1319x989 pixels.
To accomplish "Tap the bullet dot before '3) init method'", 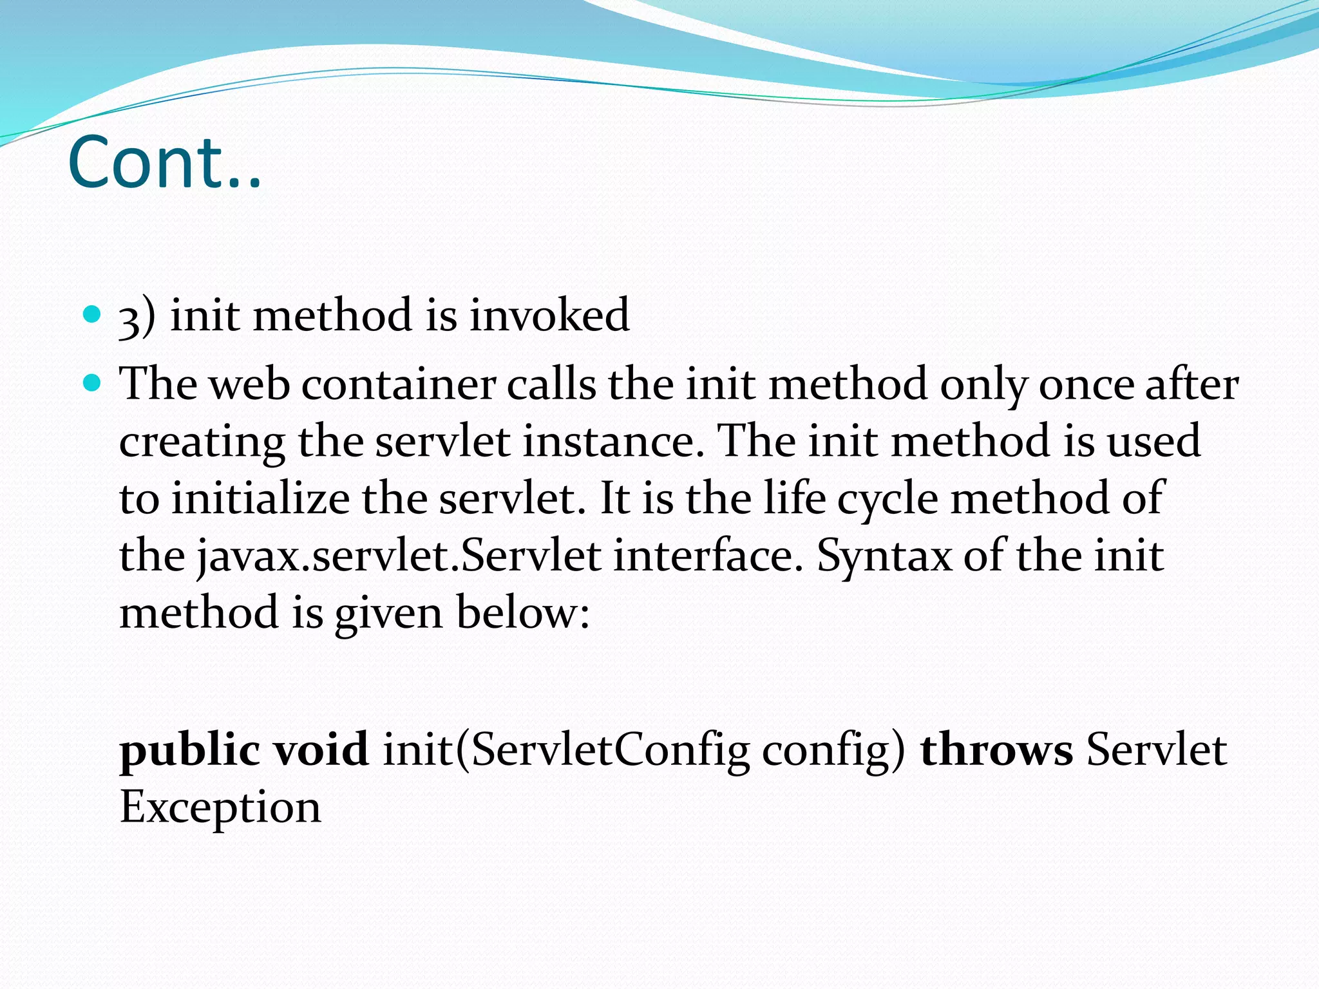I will click(x=93, y=315).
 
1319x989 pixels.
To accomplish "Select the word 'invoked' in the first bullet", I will click(x=549, y=315).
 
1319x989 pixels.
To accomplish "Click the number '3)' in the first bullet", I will click(x=137, y=317).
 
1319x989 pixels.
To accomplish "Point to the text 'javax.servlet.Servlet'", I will click(x=399, y=556).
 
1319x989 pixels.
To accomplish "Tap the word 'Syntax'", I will click(x=884, y=556).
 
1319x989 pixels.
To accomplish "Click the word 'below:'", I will click(x=522, y=612).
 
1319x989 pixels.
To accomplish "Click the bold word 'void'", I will click(x=321, y=749).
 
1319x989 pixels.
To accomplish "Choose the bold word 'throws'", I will click(x=996, y=751).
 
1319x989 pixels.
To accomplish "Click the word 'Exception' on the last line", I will click(x=220, y=807).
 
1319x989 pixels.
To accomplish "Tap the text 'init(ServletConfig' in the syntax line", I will click(x=566, y=751).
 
